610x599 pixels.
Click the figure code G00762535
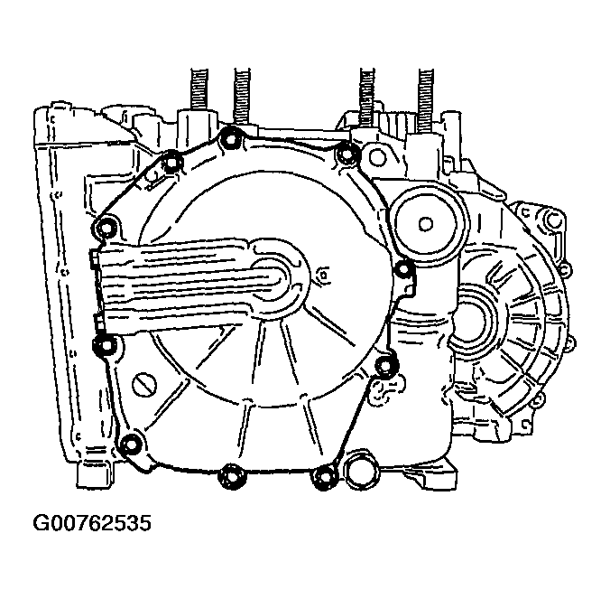tap(91, 523)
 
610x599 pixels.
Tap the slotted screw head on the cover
tap(145, 382)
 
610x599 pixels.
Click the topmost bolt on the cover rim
tap(228, 138)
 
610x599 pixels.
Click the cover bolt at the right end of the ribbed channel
tap(403, 267)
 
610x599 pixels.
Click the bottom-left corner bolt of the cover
tap(131, 443)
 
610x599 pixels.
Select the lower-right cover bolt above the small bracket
tap(385, 364)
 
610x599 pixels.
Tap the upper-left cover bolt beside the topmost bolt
tap(172, 161)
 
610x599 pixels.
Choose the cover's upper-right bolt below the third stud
tap(343, 154)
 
